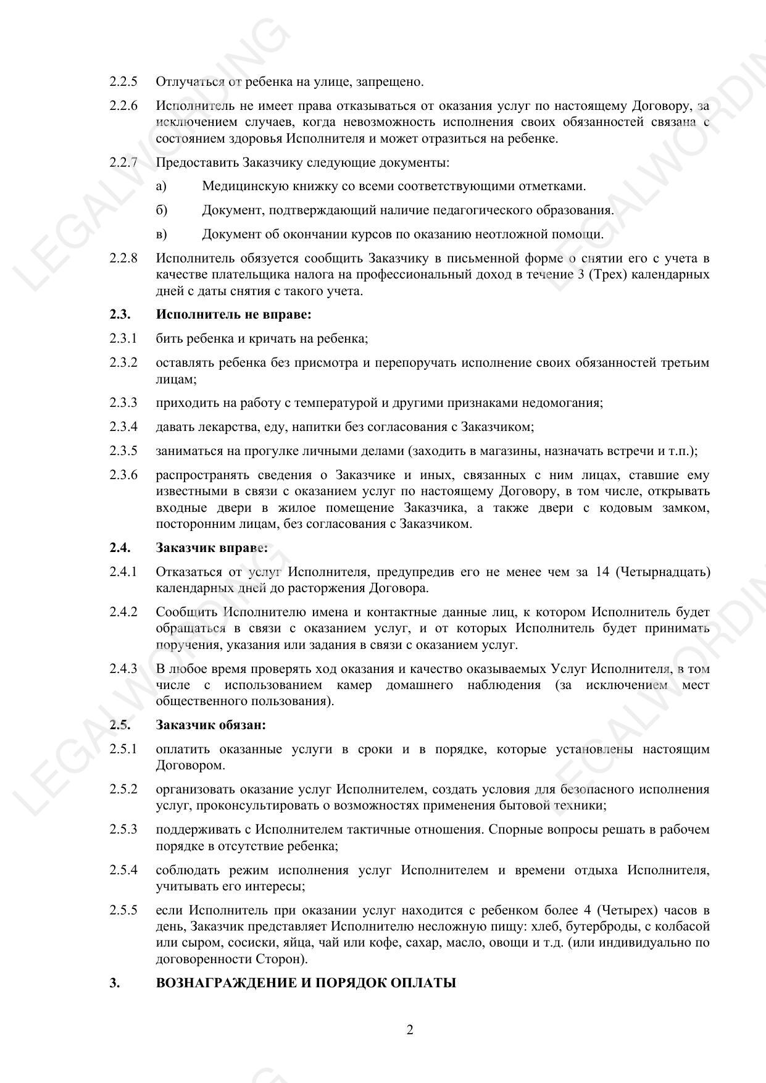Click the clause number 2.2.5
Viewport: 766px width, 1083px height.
(123, 82)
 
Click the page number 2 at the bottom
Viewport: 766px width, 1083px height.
(410, 1030)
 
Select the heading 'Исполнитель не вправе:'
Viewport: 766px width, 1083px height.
(233, 314)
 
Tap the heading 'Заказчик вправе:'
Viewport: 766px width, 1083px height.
(212, 548)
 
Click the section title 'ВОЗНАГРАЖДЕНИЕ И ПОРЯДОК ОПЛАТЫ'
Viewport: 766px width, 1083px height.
(306, 983)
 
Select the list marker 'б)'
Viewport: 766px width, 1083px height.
(162, 210)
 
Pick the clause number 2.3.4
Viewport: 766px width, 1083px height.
(123, 427)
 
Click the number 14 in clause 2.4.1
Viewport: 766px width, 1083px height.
(602, 572)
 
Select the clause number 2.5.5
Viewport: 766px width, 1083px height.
(123, 910)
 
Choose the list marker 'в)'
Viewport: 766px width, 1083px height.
(162, 234)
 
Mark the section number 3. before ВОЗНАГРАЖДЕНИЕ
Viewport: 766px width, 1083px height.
(114, 983)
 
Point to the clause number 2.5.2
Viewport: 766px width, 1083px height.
(123, 789)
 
